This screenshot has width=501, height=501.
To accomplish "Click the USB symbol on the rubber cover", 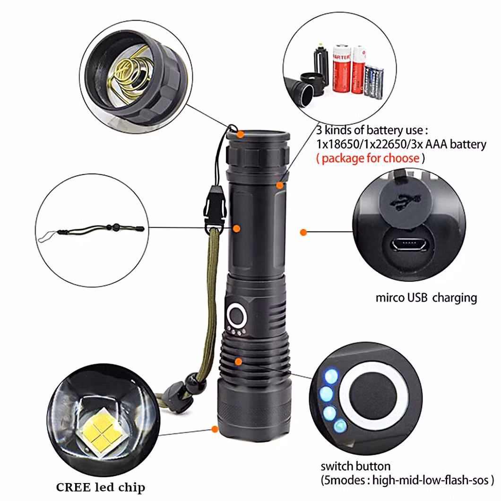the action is click(x=405, y=201).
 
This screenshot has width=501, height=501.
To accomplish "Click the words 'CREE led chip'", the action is click(x=101, y=487).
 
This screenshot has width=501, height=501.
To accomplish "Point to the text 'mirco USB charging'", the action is click(x=426, y=298).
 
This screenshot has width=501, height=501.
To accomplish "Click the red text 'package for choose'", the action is click(x=371, y=158).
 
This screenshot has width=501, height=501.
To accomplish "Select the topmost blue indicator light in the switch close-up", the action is click(x=331, y=376).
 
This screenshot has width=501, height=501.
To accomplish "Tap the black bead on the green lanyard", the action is click(x=195, y=382).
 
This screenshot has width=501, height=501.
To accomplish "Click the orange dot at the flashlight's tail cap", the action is click(x=240, y=134).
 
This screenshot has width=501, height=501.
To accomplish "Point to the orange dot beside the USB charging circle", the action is click(x=303, y=232).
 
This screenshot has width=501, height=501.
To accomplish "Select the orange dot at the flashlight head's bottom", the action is click(x=215, y=429).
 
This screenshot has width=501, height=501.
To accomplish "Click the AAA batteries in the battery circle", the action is click(x=373, y=81).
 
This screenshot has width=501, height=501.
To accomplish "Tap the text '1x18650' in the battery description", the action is click(x=338, y=144).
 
